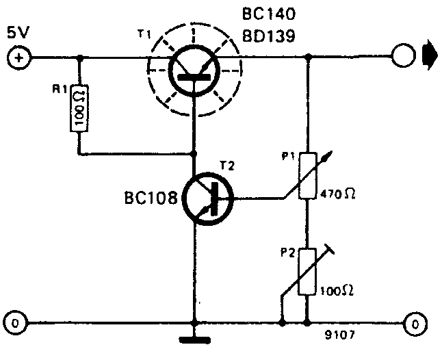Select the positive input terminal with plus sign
tap(18, 58)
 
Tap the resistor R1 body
tap(80, 107)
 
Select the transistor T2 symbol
tap(208, 199)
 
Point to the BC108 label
tap(151, 199)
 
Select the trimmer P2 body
tap(308, 274)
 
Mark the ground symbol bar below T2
tap(195, 337)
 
